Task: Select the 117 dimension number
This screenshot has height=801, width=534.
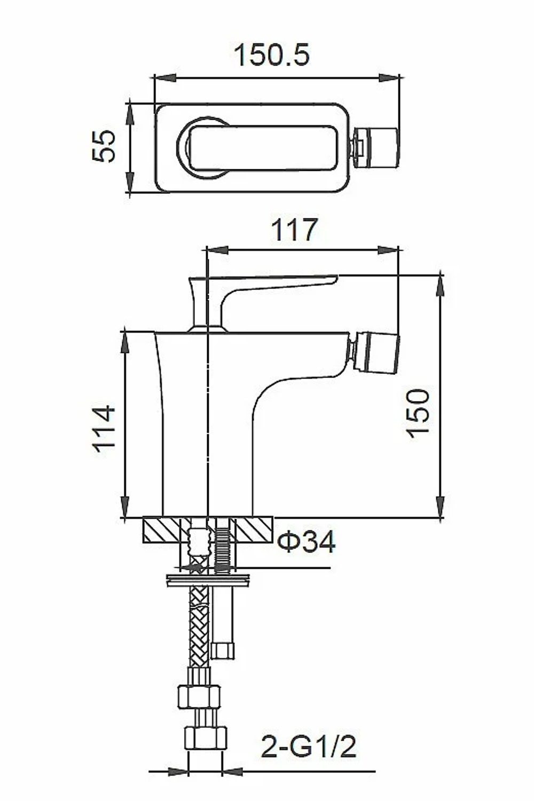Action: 294,230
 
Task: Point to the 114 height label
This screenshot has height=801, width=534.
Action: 105,429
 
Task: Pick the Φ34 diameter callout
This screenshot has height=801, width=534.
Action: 307,541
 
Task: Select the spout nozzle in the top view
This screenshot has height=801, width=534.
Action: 375,148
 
